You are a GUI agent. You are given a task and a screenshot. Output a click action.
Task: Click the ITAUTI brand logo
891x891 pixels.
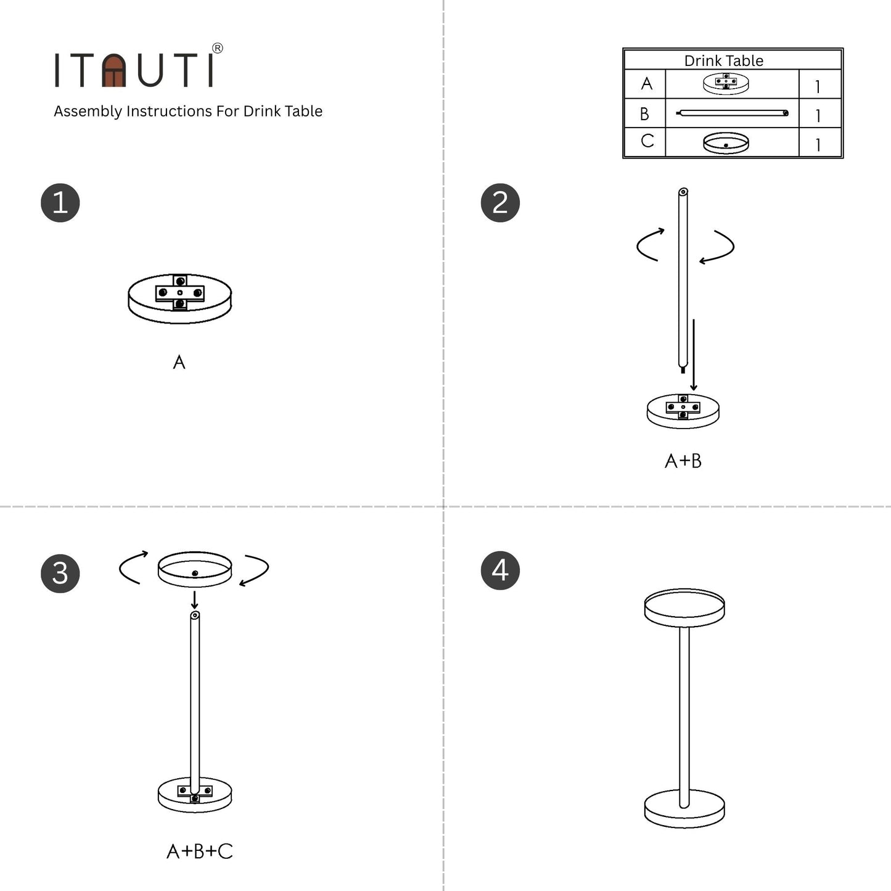click(x=134, y=70)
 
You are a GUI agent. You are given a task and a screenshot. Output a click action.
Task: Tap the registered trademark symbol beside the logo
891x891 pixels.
click(x=217, y=49)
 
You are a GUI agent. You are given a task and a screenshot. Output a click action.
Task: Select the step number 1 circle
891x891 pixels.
click(x=60, y=203)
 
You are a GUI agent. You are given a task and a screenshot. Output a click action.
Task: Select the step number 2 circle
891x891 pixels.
click(x=500, y=203)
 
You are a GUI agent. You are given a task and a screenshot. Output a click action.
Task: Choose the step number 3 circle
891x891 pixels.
click(x=60, y=573)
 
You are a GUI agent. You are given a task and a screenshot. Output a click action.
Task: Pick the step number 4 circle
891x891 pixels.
click(x=500, y=570)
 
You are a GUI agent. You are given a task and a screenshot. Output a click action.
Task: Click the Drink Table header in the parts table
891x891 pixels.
click(x=724, y=60)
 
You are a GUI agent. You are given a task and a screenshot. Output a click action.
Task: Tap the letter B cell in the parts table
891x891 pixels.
click(x=645, y=114)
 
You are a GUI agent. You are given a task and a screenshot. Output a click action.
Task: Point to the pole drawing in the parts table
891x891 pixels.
click(x=732, y=113)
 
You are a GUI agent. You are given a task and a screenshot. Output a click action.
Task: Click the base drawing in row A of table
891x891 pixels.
click(x=726, y=83)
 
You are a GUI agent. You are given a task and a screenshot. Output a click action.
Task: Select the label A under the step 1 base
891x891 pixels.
click(x=179, y=362)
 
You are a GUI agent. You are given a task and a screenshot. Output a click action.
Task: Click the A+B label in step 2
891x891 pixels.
click(x=683, y=461)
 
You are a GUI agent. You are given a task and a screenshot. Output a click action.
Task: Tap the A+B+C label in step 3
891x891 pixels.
click(x=200, y=852)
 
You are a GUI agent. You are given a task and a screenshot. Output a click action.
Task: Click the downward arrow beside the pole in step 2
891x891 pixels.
click(x=694, y=355)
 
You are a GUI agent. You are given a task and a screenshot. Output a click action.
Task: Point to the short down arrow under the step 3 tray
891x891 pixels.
click(x=195, y=600)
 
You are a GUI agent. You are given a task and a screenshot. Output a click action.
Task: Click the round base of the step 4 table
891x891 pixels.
click(x=684, y=810)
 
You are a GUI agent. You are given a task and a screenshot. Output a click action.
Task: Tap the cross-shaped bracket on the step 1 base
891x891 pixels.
click(x=179, y=292)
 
